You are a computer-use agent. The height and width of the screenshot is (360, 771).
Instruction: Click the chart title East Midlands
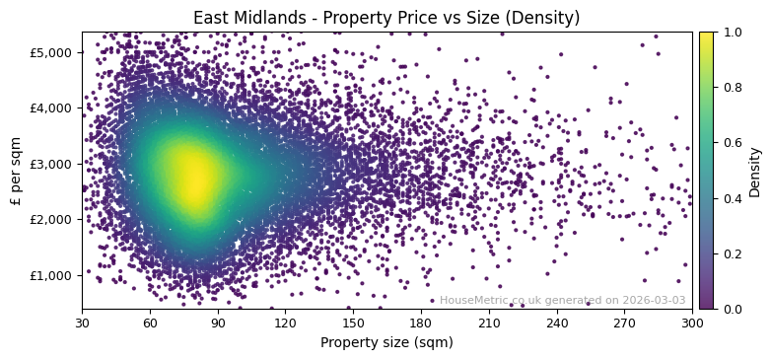pyautogui.click(x=386, y=18)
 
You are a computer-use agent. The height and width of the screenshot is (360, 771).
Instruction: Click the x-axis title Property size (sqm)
pyautogui.click(x=386, y=342)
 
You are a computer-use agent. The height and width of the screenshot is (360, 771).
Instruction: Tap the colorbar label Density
pyautogui.click(x=754, y=171)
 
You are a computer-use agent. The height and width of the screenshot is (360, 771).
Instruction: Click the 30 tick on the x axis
pyautogui.click(x=82, y=322)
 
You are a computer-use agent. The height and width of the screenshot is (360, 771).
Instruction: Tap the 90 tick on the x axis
pyautogui.click(x=218, y=322)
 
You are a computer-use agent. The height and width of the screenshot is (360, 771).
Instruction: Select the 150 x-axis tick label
pyautogui.click(x=353, y=322)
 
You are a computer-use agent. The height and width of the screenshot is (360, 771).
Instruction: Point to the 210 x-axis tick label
pyautogui.click(x=489, y=322)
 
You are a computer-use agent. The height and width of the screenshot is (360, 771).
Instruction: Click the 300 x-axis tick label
pyautogui.click(x=692, y=322)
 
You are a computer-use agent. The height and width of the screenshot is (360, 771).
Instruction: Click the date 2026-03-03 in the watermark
pyautogui.click(x=654, y=300)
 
